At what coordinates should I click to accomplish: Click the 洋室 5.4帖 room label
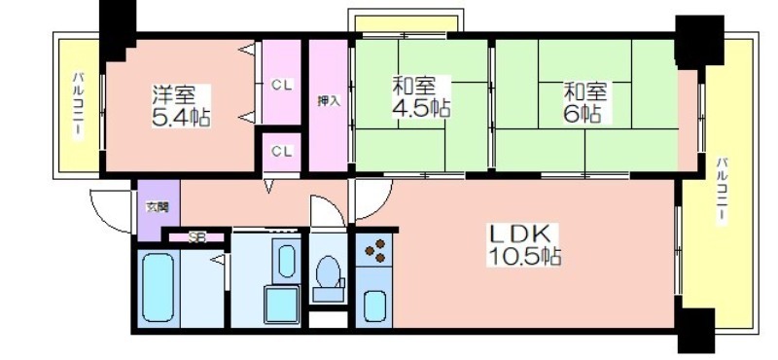pos(181,106)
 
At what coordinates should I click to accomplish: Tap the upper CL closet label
pos(282,85)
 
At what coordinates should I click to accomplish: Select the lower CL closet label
pos(282,152)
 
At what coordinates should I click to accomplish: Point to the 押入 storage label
pos(329,101)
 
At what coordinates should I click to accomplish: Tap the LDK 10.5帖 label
pos(525,244)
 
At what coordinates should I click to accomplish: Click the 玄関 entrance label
pos(157,207)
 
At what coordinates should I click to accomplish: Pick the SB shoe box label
pos(197,237)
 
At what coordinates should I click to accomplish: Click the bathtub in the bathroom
pos(159,288)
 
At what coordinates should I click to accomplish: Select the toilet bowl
pos(328,272)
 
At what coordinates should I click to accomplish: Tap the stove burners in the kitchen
pos(374,250)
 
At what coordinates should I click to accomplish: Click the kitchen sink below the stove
pos(374,306)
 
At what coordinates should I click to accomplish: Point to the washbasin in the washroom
pos(286,261)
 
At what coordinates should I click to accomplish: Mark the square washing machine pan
pos(281,305)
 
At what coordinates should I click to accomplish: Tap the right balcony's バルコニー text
pos(723,191)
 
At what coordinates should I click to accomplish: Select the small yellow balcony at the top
pos(407,23)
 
